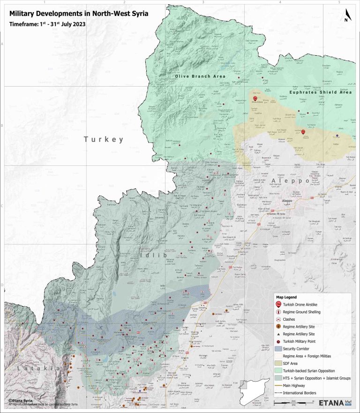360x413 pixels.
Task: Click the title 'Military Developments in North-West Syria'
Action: click(79, 14)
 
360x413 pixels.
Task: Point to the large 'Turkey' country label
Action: click(104, 139)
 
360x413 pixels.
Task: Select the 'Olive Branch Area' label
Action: click(200, 76)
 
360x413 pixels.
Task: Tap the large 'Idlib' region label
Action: click(149, 255)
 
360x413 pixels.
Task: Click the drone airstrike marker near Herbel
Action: click(303, 133)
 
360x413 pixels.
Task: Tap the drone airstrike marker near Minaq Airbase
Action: click(255, 98)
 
